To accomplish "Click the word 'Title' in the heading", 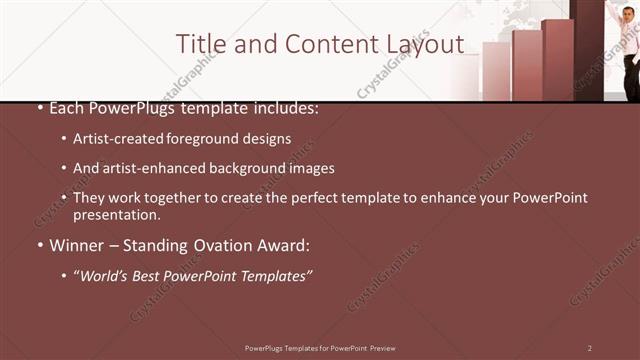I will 198,44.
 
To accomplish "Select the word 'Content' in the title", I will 327,44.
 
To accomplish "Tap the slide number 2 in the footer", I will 590,348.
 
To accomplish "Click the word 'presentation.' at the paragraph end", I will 116,214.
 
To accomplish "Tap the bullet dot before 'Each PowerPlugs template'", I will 40,108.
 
